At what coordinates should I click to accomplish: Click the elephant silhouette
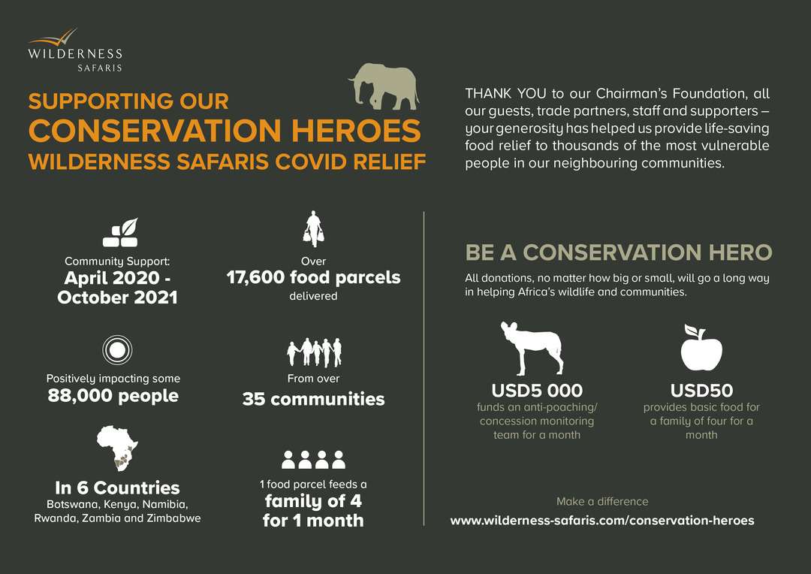(384, 86)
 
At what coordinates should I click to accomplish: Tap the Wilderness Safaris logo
(76, 50)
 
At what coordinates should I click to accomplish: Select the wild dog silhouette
(532, 349)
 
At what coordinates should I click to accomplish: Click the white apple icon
(701, 347)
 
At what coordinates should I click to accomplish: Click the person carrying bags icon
(313, 228)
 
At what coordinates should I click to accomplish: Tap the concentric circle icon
(117, 350)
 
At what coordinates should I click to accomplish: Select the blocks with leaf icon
(120, 232)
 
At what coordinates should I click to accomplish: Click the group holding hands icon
(315, 352)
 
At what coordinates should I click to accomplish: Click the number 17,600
(255, 277)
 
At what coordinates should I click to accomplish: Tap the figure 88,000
(80, 395)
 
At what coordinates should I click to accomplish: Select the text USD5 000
(537, 390)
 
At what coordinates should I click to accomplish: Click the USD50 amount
(701, 390)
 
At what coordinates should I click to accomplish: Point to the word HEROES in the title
(357, 131)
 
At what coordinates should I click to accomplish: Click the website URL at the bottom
(602, 520)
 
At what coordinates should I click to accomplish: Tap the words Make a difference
(602, 501)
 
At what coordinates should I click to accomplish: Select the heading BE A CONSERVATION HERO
(619, 252)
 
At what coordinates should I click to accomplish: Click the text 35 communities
(313, 399)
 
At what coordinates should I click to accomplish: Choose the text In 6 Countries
(117, 488)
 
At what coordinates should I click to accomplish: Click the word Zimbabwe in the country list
(173, 518)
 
